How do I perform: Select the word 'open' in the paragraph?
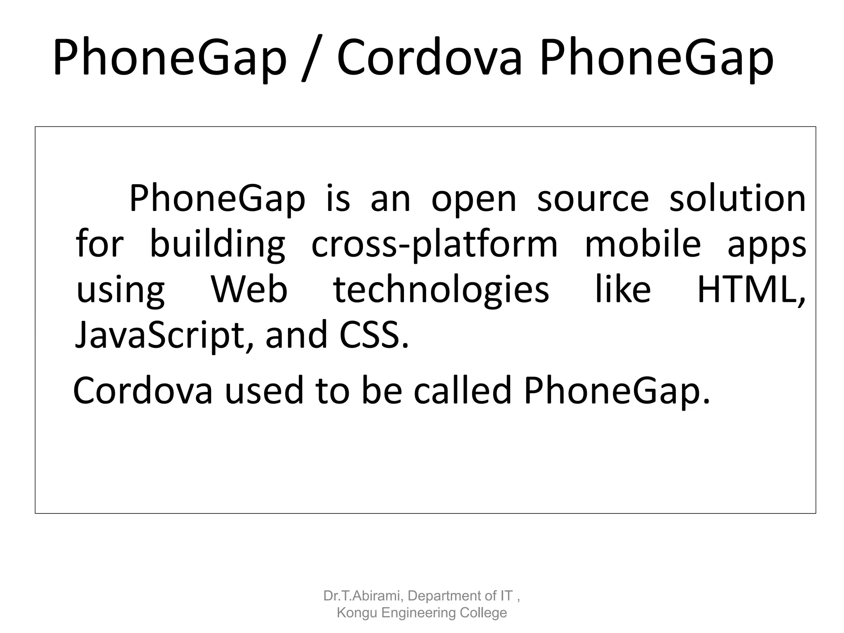pos(474,199)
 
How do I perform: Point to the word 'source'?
pos(593,199)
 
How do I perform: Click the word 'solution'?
pos(737,199)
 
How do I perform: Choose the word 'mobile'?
pos(642,244)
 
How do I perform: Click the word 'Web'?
pos(249,289)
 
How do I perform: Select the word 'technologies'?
pos(441,290)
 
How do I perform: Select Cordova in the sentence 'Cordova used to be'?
pos(143,391)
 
